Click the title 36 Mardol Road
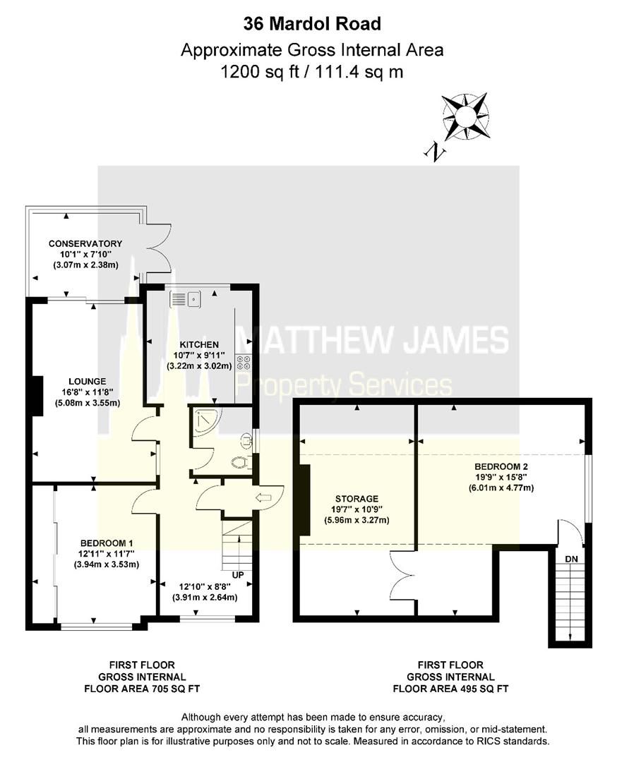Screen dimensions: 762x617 click(x=312, y=24)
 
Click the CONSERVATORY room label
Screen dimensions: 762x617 click(x=85, y=243)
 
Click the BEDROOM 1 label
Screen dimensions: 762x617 click(x=107, y=542)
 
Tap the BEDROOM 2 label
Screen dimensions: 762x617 click(x=501, y=466)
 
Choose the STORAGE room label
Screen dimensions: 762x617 click(x=357, y=498)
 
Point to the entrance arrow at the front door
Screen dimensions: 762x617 click(x=263, y=499)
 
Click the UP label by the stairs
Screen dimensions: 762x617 click(x=238, y=576)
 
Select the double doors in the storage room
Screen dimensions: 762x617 click(x=401, y=575)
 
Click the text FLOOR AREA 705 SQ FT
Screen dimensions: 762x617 click(x=142, y=689)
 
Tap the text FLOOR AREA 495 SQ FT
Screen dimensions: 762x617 click(x=450, y=689)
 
